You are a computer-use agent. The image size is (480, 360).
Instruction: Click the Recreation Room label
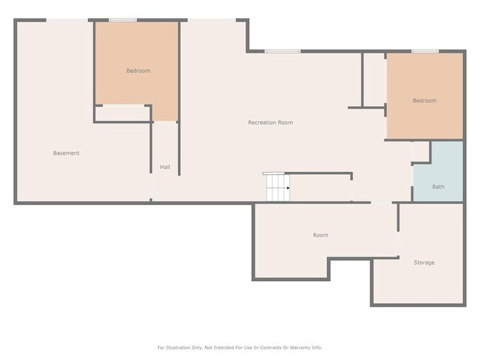[x=270, y=122]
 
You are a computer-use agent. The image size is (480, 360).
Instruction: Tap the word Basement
[x=66, y=153]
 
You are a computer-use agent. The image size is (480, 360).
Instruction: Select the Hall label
[x=165, y=167]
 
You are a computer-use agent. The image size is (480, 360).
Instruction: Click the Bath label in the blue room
[x=438, y=187]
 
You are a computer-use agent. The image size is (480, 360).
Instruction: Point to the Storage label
[x=424, y=263]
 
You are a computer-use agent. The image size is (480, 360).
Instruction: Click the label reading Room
[x=320, y=235]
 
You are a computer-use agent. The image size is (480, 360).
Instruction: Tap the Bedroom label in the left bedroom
[x=138, y=71]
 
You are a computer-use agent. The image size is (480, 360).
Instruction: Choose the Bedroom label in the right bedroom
[x=424, y=101]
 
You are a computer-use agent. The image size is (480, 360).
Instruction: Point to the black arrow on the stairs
[x=287, y=188]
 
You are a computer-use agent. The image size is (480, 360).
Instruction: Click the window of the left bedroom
[x=123, y=21]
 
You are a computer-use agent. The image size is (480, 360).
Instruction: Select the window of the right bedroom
[x=425, y=52]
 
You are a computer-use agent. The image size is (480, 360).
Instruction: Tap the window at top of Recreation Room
[x=282, y=52]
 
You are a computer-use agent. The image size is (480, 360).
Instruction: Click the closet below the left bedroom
[x=123, y=113]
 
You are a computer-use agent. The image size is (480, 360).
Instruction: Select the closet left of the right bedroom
[x=374, y=80]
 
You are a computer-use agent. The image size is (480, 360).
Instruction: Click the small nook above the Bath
[x=420, y=151]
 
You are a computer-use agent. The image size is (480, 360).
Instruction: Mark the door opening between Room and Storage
[x=398, y=243]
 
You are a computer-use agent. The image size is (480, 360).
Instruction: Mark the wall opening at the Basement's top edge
[x=68, y=21]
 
